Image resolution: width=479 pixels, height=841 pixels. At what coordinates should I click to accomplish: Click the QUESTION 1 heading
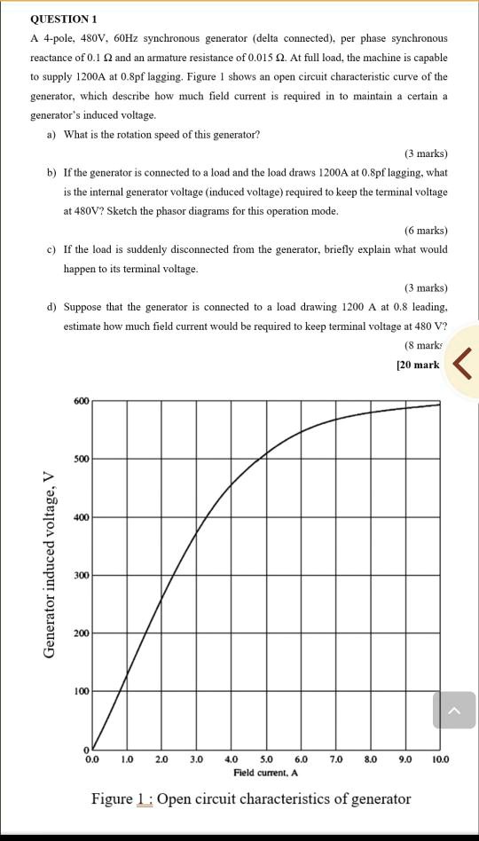[64, 19]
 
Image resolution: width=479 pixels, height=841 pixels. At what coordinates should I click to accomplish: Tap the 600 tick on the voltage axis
[82, 401]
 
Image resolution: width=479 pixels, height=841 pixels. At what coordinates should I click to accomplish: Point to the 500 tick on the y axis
[82, 459]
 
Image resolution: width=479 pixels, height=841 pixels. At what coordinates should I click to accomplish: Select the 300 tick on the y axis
[82, 575]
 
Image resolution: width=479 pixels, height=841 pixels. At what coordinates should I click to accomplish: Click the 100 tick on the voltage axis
[82, 690]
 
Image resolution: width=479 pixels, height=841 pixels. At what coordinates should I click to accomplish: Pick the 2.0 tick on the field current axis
[161, 759]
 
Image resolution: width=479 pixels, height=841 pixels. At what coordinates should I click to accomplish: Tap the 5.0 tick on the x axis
[266, 759]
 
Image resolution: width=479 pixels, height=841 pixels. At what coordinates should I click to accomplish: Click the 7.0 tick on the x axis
[336, 759]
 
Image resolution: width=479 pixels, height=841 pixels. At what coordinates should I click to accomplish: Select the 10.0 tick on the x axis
[440, 759]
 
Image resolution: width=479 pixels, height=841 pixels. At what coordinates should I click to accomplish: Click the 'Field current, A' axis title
[266, 773]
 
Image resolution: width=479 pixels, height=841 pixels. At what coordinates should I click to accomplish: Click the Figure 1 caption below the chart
[251, 799]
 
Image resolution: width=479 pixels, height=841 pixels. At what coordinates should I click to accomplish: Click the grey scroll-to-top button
[454, 711]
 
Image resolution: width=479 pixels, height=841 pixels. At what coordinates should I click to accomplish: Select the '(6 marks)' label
[426, 231]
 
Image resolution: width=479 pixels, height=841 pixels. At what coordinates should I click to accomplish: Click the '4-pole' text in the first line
[59, 39]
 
